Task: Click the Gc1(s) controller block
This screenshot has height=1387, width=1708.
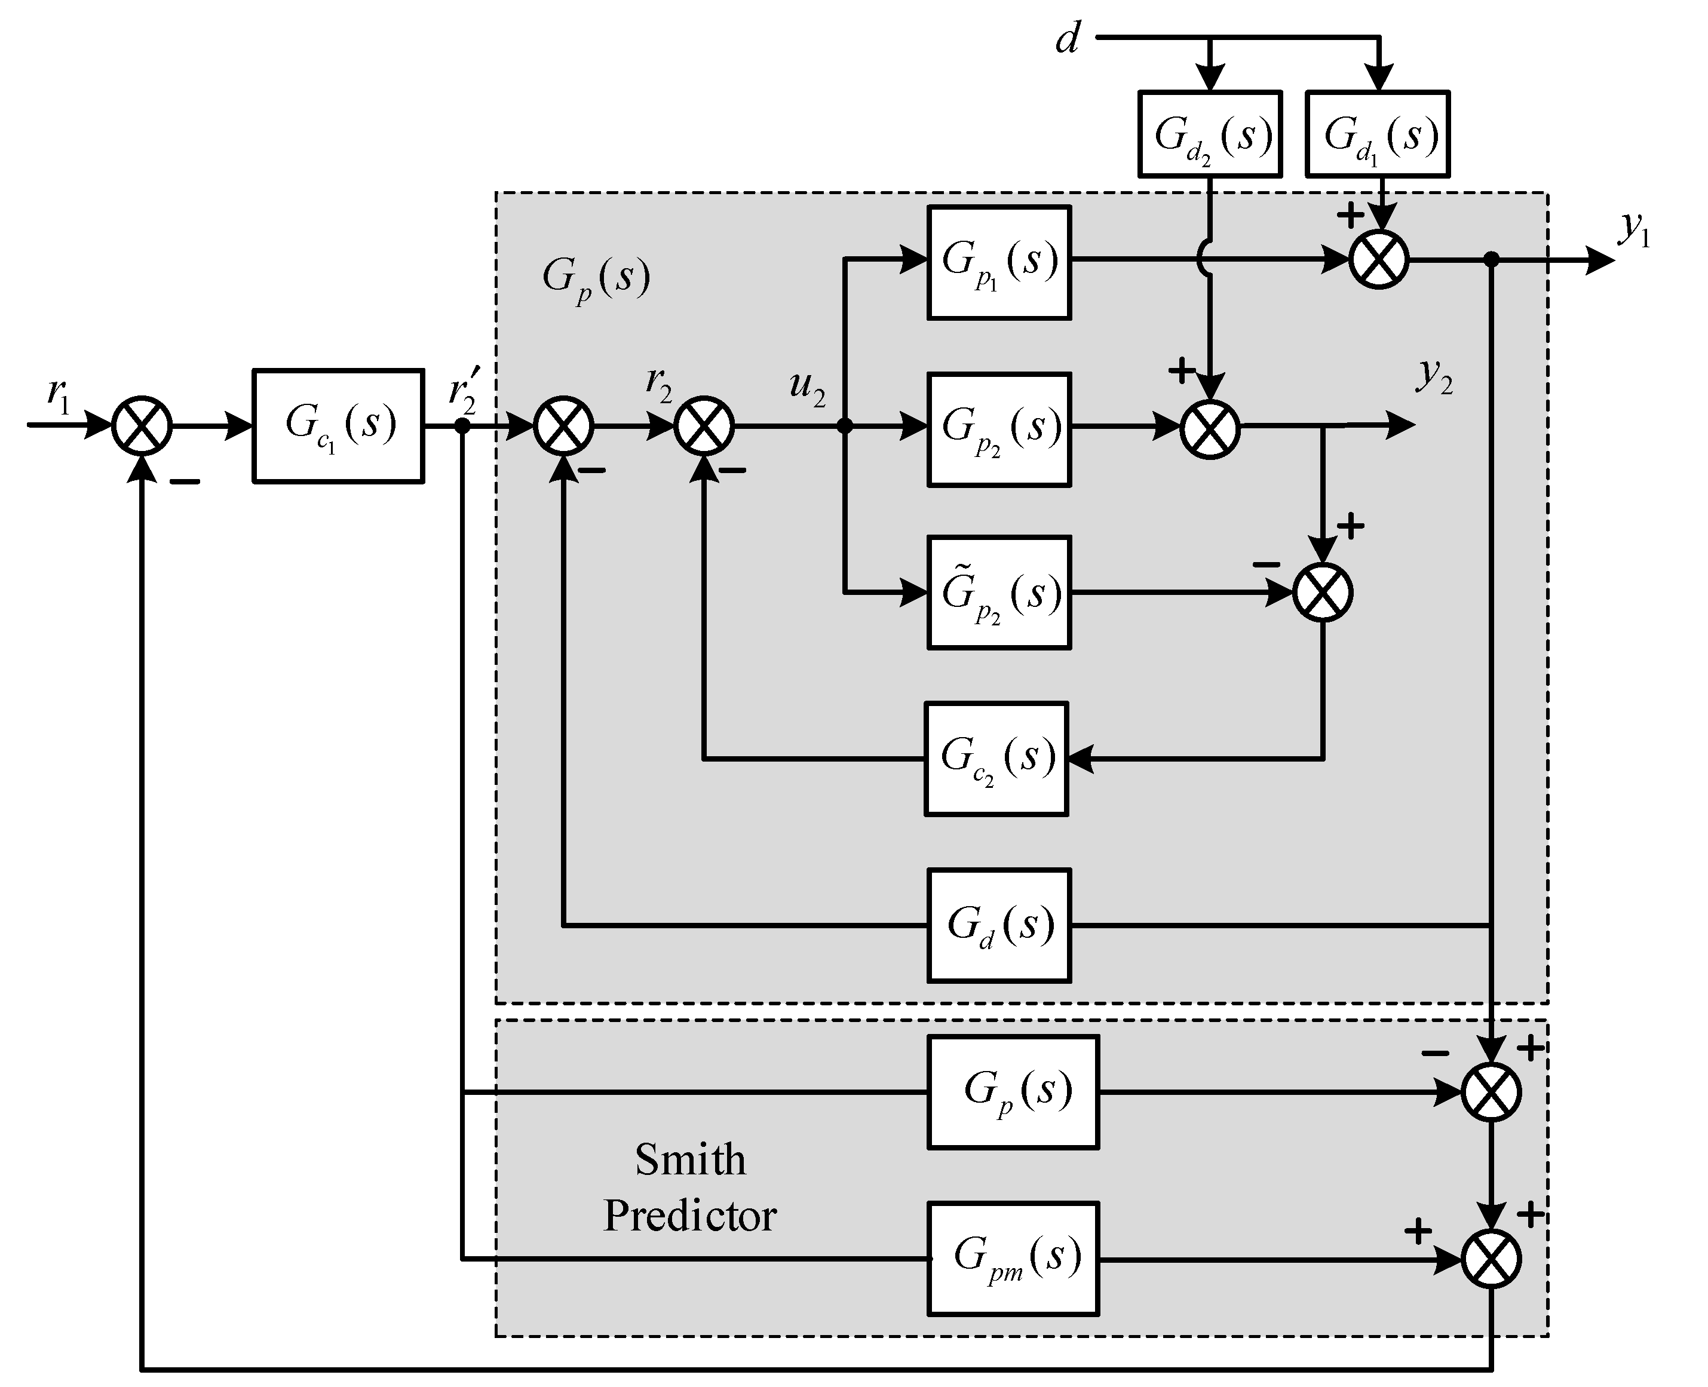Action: [x=338, y=426]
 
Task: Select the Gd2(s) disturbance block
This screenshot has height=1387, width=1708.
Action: [x=1210, y=133]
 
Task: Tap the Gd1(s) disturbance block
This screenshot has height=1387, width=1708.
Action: [x=1377, y=133]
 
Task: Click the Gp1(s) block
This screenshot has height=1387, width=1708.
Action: [x=999, y=263]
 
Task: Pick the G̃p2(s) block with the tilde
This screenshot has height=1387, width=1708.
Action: [x=999, y=592]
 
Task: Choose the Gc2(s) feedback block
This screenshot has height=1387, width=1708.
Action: [x=996, y=758]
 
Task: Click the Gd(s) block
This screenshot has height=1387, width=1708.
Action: [x=999, y=925]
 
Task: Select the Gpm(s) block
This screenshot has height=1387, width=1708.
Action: [x=1013, y=1259]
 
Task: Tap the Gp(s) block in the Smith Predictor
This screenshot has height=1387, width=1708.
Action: [x=1013, y=1091]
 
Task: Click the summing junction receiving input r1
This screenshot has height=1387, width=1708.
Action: [x=142, y=426]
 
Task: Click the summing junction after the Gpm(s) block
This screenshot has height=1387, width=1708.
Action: [x=1491, y=1259]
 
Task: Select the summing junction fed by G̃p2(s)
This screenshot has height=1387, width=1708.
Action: [x=1322, y=593]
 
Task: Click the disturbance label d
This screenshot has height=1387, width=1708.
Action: [x=1068, y=38]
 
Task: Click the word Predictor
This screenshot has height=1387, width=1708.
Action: [x=689, y=1216]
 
